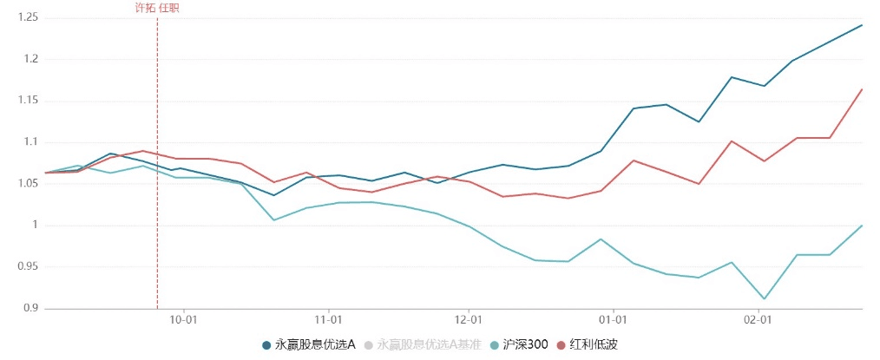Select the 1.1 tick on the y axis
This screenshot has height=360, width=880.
pos(23,142)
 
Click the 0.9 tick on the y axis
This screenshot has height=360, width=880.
pos(23,308)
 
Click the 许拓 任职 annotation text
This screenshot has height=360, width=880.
pos(157,8)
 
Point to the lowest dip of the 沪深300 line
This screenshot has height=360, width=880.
pos(765,299)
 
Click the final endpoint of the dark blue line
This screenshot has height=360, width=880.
pos(862,25)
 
